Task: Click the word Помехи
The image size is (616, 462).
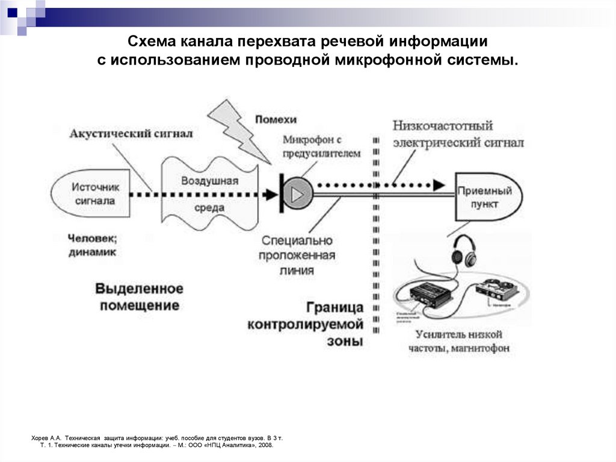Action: coord(276,119)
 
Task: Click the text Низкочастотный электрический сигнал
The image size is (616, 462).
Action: coord(457,134)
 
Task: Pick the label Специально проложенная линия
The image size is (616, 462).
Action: coord(297,255)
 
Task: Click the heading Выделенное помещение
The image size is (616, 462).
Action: coord(139,296)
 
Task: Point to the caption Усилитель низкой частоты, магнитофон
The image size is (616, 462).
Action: coord(458,342)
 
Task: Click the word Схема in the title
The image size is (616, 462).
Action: coord(152,43)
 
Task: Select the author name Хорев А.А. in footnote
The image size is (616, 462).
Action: coord(46,437)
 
